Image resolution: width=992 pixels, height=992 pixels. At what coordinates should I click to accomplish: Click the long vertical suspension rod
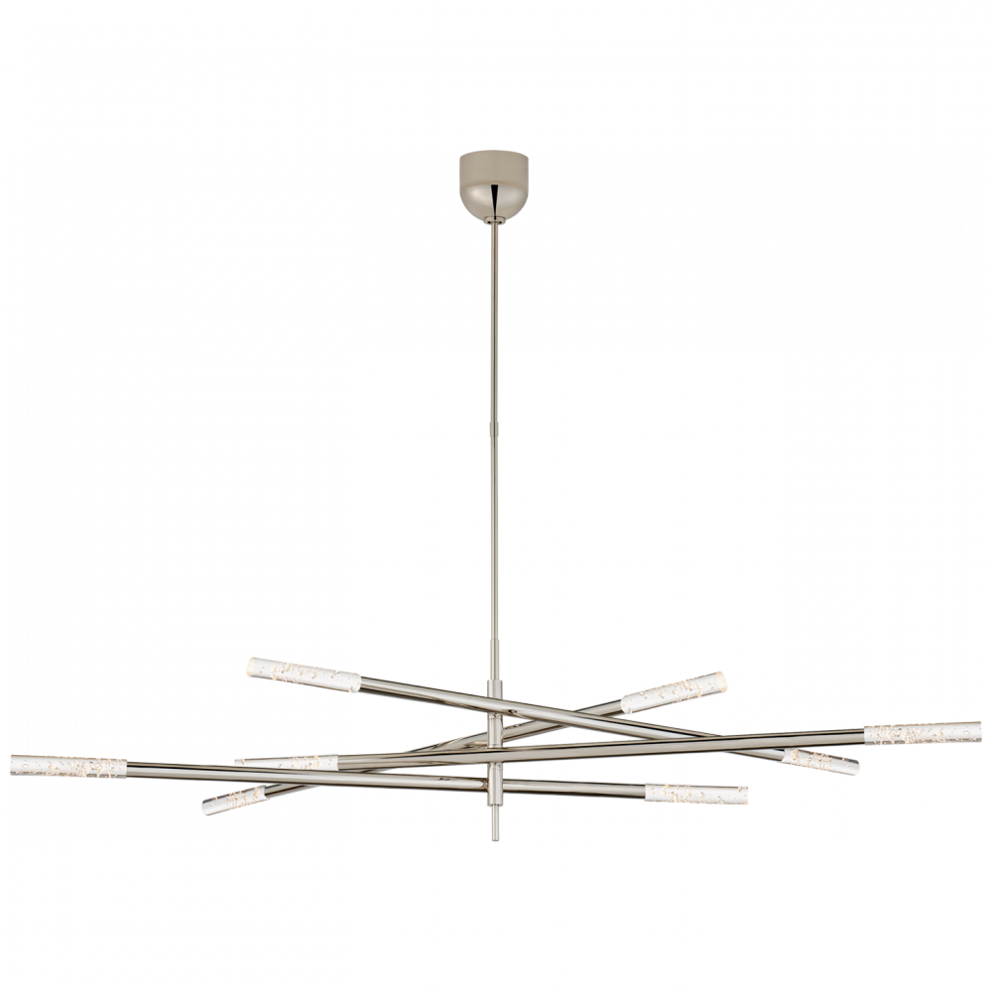click(x=493, y=446)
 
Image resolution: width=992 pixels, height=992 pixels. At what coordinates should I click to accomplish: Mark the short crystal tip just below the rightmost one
click(x=819, y=761)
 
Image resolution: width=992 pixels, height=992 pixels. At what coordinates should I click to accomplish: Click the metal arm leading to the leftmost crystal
click(x=298, y=774)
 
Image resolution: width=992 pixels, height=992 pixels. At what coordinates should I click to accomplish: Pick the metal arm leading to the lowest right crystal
click(x=575, y=788)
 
